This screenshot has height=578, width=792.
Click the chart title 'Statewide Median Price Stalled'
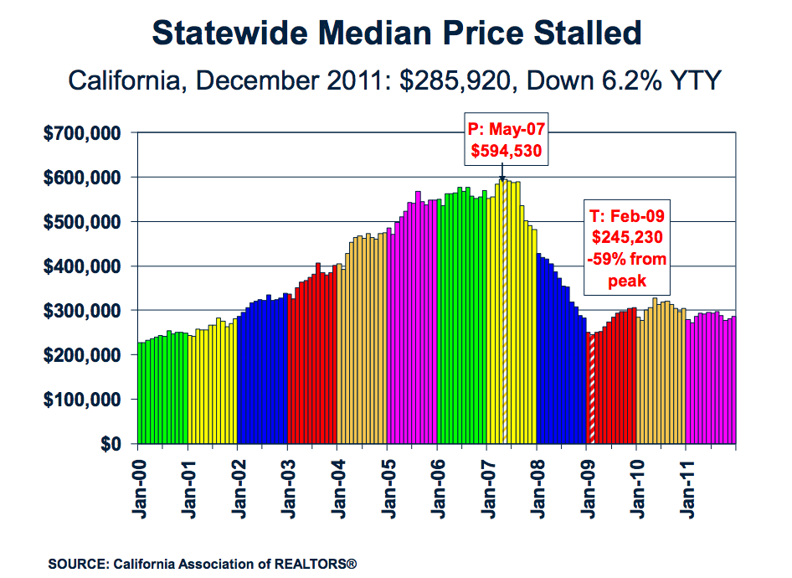point(397,34)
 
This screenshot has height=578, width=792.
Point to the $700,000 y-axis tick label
point(84,133)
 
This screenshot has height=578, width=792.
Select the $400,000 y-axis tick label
point(84,266)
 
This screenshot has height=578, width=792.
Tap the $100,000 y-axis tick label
point(84,400)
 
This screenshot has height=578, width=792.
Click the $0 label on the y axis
point(111,444)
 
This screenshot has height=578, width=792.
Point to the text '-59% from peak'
point(630,271)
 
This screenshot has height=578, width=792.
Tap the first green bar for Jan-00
point(140,394)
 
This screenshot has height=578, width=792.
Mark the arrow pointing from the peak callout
point(502,172)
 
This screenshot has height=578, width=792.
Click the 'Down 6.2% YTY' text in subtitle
point(642,81)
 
